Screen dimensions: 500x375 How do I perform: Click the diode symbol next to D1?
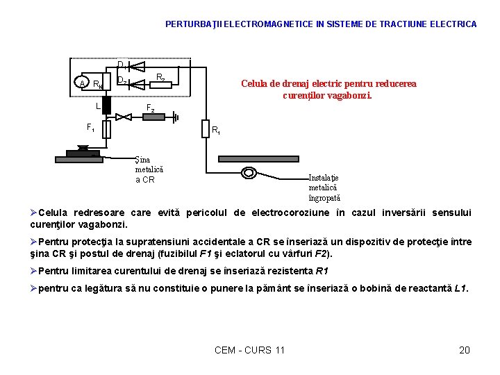coord(136,67)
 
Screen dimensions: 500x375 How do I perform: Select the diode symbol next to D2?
coord(136,85)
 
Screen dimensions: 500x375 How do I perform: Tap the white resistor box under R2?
coord(161,85)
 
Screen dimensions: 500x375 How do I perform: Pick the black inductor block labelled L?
coord(106,106)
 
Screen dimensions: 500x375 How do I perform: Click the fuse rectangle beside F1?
coord(106,129)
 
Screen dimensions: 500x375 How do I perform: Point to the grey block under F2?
coord(153,117)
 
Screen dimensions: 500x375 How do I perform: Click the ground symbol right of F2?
coord(176,117)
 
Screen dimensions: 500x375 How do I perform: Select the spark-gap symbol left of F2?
coord(124,117)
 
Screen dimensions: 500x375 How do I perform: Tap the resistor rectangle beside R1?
coord(206,129)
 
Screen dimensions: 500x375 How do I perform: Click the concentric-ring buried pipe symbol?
coord(249,173)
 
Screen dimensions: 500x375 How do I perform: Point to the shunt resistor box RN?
coord(107,82)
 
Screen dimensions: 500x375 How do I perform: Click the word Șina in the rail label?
coord(142,160)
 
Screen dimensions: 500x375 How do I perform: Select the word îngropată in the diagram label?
coord(324,199)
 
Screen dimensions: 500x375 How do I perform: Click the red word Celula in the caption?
coord(254,83)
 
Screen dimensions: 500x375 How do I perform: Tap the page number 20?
coord(465,350)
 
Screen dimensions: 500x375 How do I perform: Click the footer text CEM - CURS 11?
coord(249,350)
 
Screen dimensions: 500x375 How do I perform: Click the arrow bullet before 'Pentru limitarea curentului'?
coord(33,271)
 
